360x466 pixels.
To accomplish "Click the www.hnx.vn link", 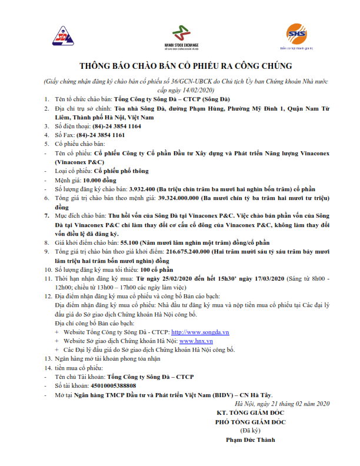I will (196, 341).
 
